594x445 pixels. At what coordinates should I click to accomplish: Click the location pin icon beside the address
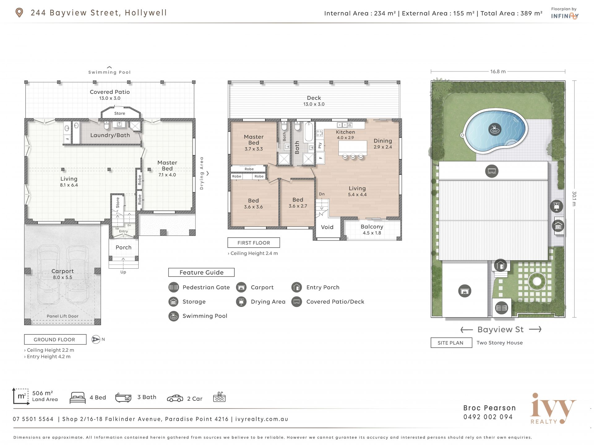19,13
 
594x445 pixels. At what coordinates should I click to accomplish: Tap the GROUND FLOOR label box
55,339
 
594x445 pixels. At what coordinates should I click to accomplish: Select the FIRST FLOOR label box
254,243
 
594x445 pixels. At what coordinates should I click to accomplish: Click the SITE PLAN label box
451,343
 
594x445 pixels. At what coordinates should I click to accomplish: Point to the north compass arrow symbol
96,339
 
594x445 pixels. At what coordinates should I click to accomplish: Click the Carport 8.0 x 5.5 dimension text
62,277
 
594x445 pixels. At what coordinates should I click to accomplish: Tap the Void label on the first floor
327,227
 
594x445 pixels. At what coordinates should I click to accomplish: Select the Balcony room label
372,227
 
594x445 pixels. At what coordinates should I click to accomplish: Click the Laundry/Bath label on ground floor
110,135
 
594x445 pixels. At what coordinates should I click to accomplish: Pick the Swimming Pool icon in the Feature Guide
174,316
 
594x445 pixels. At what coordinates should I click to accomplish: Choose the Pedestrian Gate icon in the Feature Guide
174,287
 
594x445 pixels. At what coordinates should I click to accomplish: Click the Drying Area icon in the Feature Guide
241,302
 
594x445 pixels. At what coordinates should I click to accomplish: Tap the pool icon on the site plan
495,129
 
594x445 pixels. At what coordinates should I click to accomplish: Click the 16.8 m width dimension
498,71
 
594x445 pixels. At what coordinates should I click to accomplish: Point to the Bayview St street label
501,330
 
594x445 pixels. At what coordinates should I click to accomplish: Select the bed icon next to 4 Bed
78,398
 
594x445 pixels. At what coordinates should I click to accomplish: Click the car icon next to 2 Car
175,398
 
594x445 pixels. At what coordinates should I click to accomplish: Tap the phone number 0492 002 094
488,417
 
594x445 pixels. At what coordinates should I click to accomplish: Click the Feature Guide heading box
201,272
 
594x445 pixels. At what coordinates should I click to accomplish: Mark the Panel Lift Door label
62,316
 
